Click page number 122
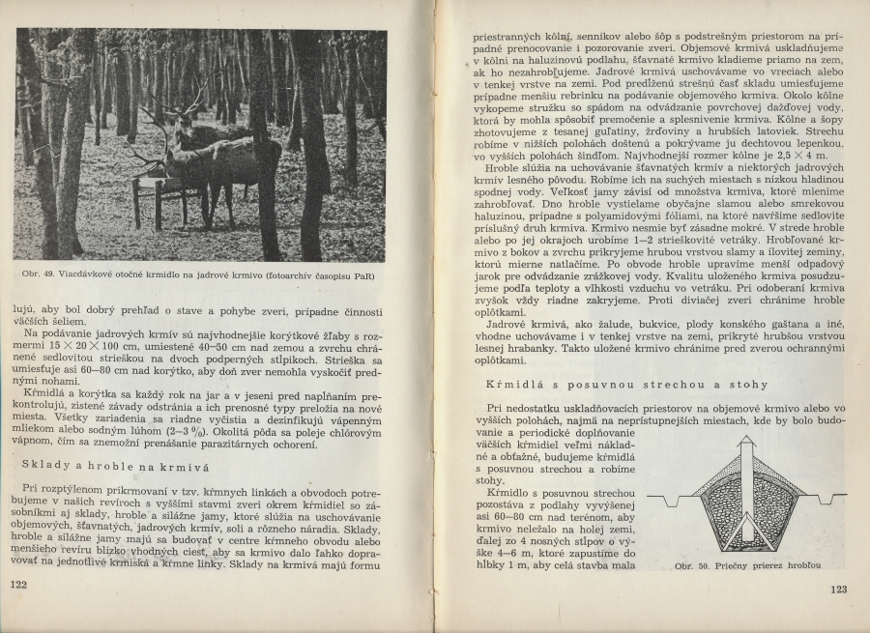pos(18,585)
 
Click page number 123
pos(837,589)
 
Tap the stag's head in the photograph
pos(181,121)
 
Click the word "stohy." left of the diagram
pos(491,479)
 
